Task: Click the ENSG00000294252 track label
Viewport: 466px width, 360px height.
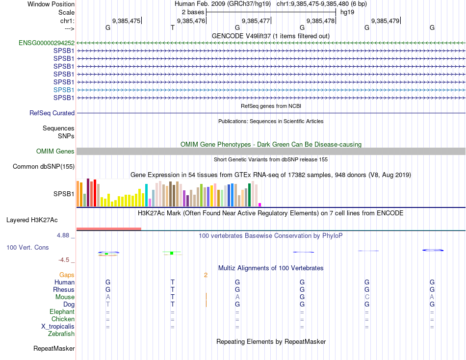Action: (47, 43)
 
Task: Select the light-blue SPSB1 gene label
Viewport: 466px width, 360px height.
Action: (64, 90)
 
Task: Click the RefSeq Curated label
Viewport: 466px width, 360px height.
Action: (52, 113)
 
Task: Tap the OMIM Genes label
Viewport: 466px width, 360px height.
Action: (55, 151)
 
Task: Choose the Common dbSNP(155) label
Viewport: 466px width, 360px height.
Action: (43, 166)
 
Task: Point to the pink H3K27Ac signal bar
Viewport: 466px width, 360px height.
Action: (108, 229)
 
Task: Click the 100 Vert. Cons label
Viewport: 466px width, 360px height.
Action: (27, 248)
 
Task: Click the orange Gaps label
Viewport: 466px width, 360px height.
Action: (67, 275)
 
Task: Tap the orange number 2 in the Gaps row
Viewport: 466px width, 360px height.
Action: (206, 275)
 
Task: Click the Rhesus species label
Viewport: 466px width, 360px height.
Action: (64, 289)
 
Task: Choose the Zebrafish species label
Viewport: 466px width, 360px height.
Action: (61, 334)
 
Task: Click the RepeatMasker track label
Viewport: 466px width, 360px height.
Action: (54, 348)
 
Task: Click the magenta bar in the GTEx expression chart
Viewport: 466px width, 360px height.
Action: (259, 205)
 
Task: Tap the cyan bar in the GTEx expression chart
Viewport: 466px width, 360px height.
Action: (146, 195)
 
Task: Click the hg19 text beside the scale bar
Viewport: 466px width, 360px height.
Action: (347, 12)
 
